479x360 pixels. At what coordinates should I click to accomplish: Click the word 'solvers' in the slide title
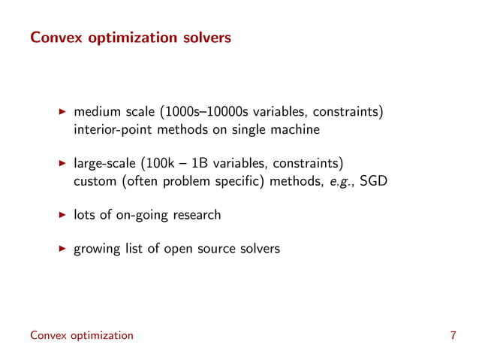coord(203,35)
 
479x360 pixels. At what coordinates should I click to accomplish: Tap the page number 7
coord(453,335)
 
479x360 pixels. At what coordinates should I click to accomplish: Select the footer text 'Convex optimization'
coord(81,335)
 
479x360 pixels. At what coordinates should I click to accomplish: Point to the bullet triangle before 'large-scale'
coord(63,164)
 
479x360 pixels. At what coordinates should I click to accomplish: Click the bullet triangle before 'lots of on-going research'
coord(63,215)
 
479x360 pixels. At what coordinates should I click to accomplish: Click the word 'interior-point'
coord(111,130)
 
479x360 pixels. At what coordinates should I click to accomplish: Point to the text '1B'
coord(197,164)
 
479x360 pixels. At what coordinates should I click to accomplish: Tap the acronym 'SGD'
coord(372,181)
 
